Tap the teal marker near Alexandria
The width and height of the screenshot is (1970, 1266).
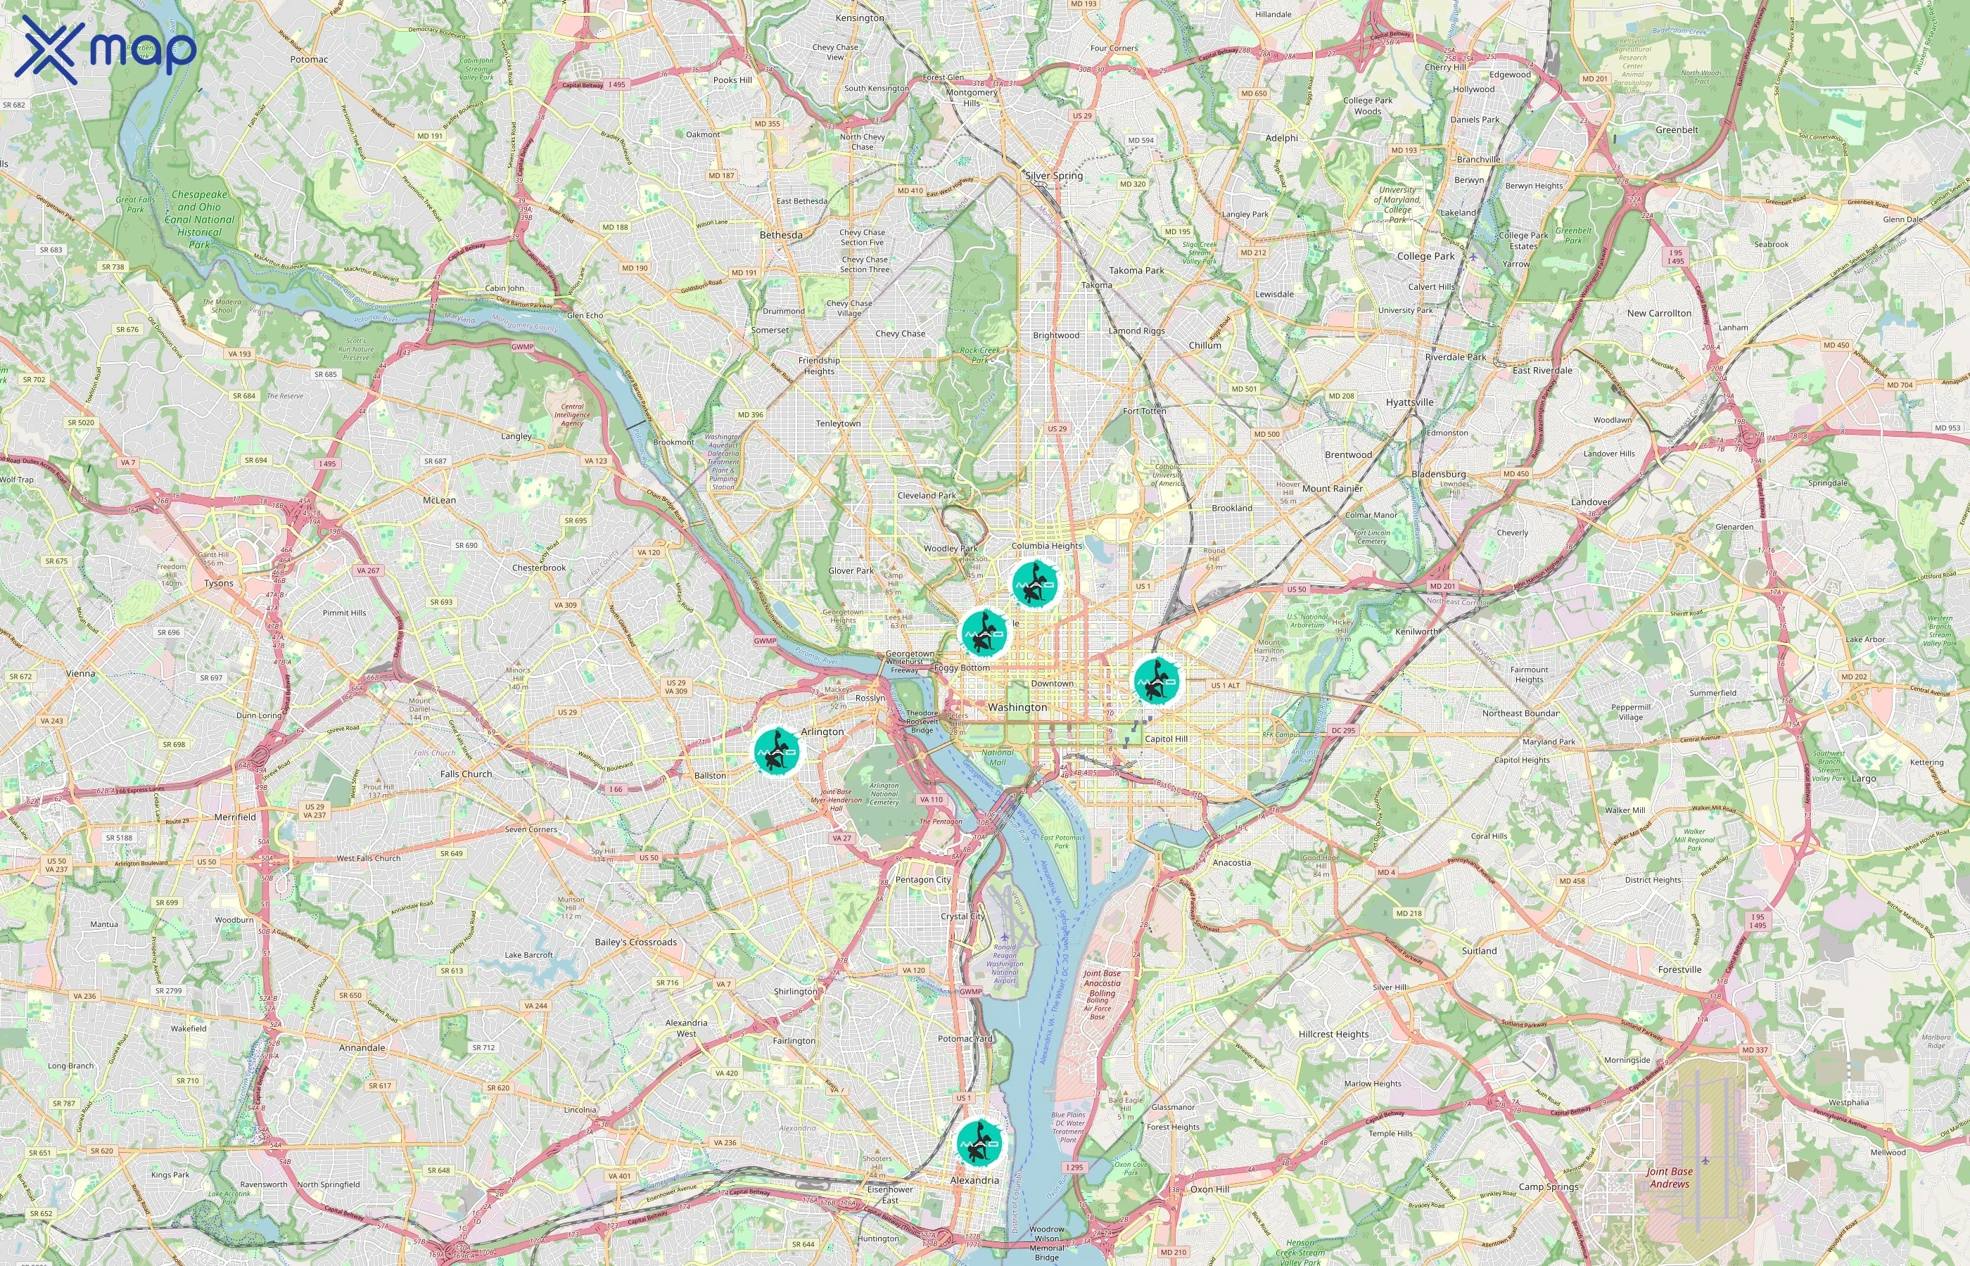[x=979, y=1142]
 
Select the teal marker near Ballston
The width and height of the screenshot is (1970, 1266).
[x=776, y=750]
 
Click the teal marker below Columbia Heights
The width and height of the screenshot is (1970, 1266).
[x=1034, y=583]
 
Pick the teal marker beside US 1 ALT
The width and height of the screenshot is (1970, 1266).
[x=1156, y=681]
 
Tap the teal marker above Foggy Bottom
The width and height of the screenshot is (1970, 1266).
[x=984, y=632]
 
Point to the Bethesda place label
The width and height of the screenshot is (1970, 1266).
[x=780, y=235]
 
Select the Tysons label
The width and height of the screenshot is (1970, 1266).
[x=219, y=583]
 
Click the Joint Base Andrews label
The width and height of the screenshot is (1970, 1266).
[x=1668, y=1177]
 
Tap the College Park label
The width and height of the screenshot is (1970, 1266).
[x=1425, y=256]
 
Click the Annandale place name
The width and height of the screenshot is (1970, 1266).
[x=362, y=1047]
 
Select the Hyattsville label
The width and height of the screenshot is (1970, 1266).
[x=1409, y=402]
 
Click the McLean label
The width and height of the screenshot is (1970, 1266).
[x=438, y=500]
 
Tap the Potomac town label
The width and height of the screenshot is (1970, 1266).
[x=308, y=59]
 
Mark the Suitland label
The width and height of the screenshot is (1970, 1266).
[x=1478, y=950]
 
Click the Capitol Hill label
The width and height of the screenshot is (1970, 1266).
[x=1165, y=738]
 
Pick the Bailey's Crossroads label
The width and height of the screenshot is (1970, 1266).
[x=635, y=942]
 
